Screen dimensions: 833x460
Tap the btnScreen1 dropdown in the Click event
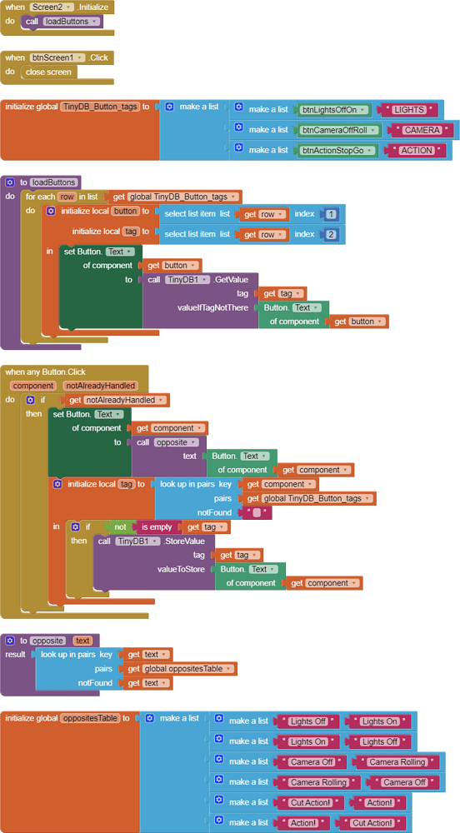[x=57, y=57]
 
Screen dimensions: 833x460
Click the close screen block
[x=48, y=72]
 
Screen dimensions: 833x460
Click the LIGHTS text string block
[x=408, y=110]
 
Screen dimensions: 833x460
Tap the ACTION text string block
[x=416, y=151]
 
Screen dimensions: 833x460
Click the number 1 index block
[x=332, y=214]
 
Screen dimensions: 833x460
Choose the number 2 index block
[x=332, y=235]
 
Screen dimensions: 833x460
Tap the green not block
[x=120, y=527]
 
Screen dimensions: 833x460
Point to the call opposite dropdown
[x=176, y=442]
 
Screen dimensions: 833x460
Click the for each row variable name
[x=67, y=197]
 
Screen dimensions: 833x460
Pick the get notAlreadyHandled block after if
[x=113, y=401]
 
